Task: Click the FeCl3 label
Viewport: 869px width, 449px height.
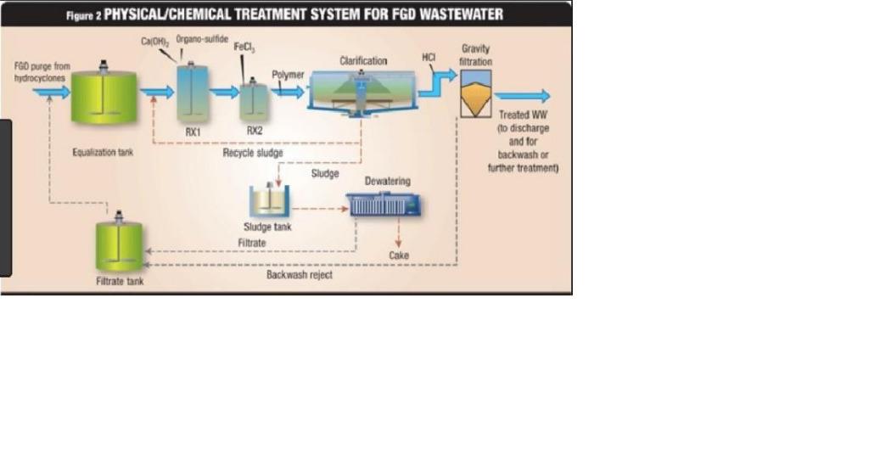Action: (245, 49)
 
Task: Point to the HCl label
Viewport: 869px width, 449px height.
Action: (429, 57)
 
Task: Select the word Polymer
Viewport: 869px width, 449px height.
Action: (288, 75)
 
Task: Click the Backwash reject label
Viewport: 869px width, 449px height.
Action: (300, 275)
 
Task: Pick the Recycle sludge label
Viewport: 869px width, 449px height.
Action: (253, 153)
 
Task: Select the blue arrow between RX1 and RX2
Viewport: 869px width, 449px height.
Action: (223, 92)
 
